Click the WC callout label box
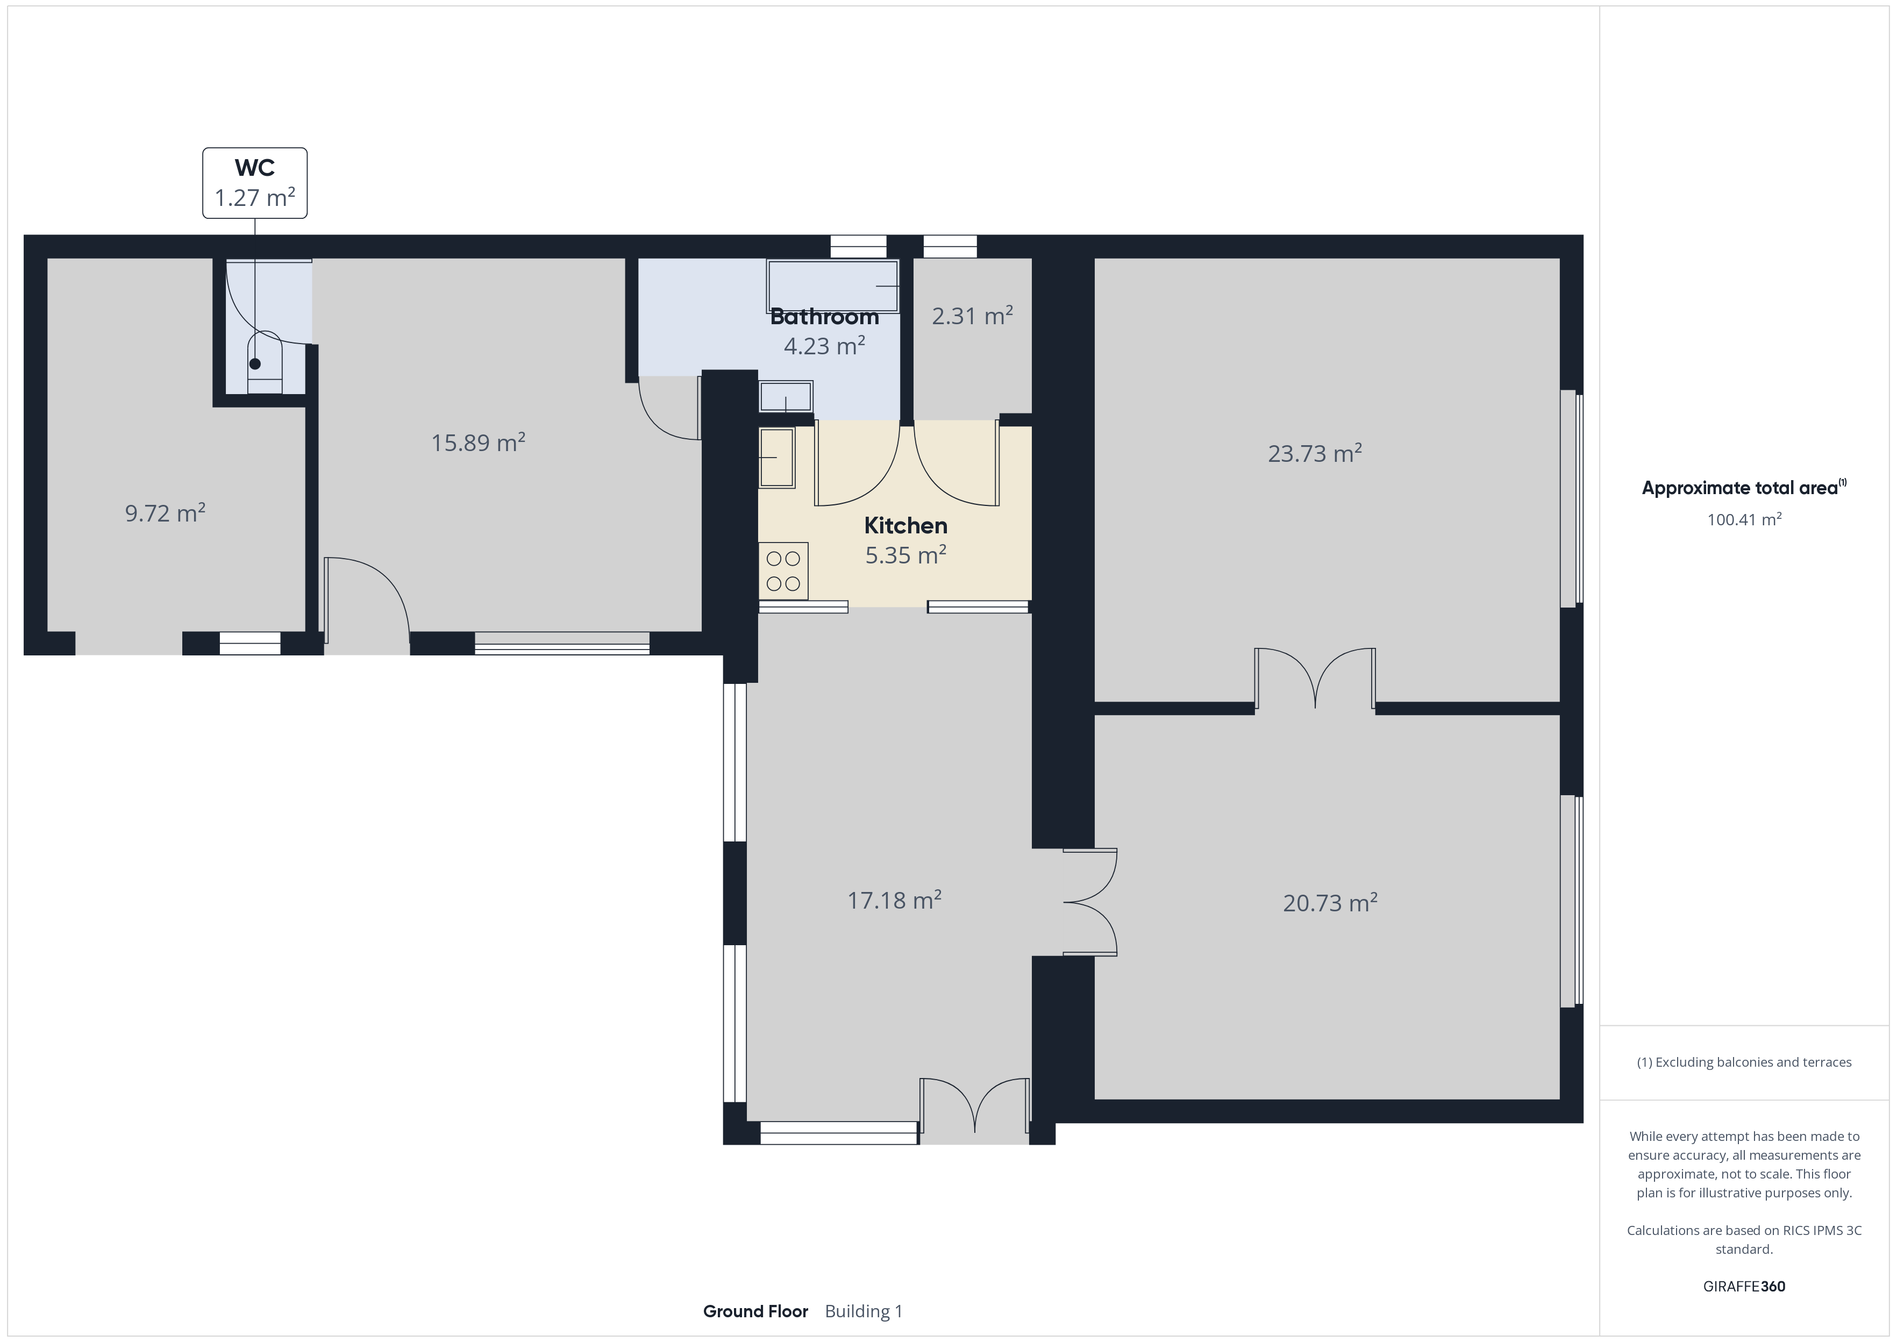coord(254,183)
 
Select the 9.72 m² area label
coord(165,513)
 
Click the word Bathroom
coord(824,317)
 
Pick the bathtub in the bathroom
coord(833,286)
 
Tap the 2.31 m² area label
coord(973,316)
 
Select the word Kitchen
coord(905,525)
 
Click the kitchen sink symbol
coord(776,457)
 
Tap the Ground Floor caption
coord(755,1311)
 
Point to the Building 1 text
coord(864,1311)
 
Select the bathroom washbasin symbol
coord(786,397)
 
